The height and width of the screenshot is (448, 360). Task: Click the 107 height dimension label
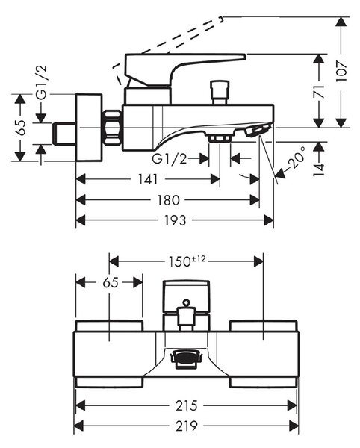coord(342,71)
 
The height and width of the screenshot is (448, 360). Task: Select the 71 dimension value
coord(319,91)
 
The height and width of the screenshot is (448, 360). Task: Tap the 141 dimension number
coord(148,179)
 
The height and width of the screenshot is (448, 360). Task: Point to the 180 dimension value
coord(169,200)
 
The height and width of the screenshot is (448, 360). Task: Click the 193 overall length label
coord(175,220)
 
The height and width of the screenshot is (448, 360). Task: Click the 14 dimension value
coord(319,169)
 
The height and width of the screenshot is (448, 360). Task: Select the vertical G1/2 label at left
coord(42,82)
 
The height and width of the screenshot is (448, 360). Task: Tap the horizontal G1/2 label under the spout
coord(169,158)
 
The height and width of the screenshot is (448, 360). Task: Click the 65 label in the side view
coord(20,128)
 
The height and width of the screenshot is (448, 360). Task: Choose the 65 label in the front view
coord(111,282)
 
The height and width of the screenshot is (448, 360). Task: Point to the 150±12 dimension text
coord(187,261)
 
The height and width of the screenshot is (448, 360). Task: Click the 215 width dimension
coord(187,405)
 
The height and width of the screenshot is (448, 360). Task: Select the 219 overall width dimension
coord(187,426)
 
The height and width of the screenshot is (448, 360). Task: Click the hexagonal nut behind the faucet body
coord(112,128)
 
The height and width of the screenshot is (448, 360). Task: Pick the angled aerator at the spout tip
coord(258,130)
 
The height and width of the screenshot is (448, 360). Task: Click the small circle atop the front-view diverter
coord(186,302)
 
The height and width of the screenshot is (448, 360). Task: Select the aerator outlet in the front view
coord(186,358)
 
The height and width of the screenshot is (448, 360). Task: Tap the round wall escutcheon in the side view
coord(89,128)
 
